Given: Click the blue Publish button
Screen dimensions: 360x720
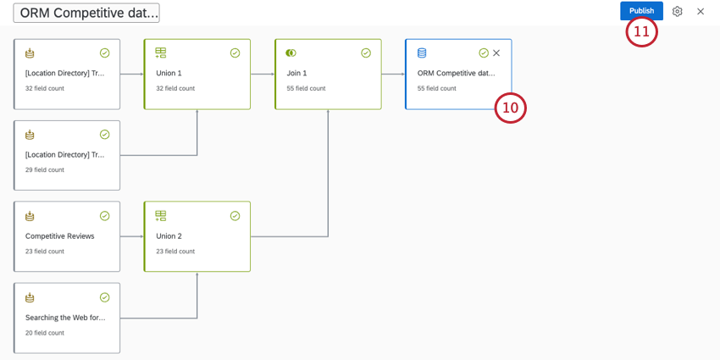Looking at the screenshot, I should point(641,11).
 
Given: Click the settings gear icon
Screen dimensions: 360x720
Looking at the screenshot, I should point(677,11).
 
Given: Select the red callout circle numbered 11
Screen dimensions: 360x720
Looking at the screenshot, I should point(641,31).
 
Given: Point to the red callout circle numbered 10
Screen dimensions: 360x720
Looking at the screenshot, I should point(510,108).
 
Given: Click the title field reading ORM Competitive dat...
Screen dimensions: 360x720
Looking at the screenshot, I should point(86,13).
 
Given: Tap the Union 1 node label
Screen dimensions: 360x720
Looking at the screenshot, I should point(169,74).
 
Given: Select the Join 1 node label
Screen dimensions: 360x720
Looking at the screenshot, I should point(296,74).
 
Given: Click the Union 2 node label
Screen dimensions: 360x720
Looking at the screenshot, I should point(169,236).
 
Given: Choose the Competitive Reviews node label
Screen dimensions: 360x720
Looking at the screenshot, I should point(60,236).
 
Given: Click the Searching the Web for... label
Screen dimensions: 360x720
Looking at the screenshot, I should point(65,318).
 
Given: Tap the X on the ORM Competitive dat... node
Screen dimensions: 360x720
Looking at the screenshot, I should point(496,53).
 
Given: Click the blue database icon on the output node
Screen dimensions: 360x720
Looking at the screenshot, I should point(422,53).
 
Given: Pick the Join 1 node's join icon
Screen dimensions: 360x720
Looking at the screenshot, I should point(291,53).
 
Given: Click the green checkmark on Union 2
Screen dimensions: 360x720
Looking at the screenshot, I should point(235,216).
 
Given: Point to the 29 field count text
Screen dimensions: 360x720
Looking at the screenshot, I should point(45,170).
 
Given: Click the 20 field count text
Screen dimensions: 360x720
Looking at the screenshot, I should point(45,333).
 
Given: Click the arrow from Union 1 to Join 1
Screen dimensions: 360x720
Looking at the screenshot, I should point(263,74).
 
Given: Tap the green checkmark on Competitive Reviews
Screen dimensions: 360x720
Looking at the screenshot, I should point(105,216).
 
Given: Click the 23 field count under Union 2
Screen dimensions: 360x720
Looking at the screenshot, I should point(175,252).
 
